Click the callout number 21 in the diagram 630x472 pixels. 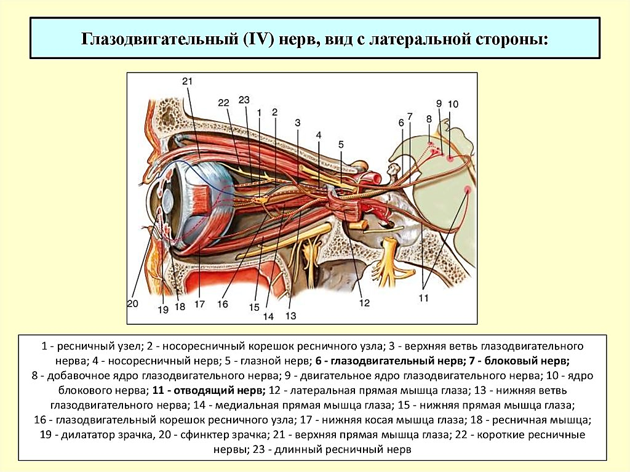[x=187, y=82]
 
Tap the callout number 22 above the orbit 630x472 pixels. [x=224, y=103]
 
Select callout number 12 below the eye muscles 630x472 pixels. [x=364, y=303]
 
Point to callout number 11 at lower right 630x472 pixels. [x=423, y=298]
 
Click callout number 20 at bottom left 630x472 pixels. [x=133, y=303]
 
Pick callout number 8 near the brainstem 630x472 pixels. [x=429, y=119]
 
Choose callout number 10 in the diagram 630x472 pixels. [x=453, y=104]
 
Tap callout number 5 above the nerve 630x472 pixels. [x=341, y=144]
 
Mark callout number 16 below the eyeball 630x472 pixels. [x=223, y=304]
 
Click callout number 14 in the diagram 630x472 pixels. [x=268, y=316]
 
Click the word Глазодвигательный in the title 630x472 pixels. [x=159, y=40]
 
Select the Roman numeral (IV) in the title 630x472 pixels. [x=258, y=39]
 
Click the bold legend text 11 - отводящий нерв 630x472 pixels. [x=209, y=390]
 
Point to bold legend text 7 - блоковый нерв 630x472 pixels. [x=517, y=361]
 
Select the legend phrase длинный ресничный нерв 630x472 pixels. [x=343, y=449]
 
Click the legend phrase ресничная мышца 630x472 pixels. [x=541, y=420]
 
